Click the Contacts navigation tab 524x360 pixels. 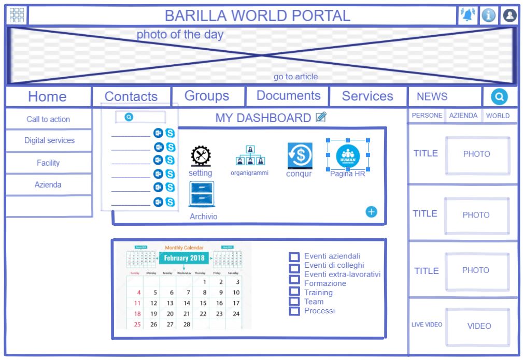pyautogui.click(x=131, y=96)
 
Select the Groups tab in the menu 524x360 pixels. pyautogui.click(x=207, y=96)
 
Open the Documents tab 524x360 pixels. pyautogui.click(x=288, y=96)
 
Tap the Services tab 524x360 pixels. pyautogui.click(x=367, y=96)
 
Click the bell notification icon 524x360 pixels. pyautogui.click(x=468, y=16)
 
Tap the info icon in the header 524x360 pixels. pyautogui.click(x=489, y=16)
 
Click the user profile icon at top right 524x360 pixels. pyautogui.click(x=510, y=16)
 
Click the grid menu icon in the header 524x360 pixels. pyautogui.click(x=17, y=16)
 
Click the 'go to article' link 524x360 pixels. pyautogui.click(x=295, y=77)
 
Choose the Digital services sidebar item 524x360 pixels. pyautogui.click(x=49, y=140)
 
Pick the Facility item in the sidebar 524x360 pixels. pyautogui.click(x=48, y=163)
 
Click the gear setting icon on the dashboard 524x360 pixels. pyautogui.click(x=200, y=156)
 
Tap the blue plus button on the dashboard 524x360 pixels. pyautogui.click(x=372, y=211)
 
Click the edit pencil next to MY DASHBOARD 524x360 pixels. pyautogui.click(x=321, y=118)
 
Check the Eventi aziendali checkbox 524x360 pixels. pyautogui.click(x=294, y=257)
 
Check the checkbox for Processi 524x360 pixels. pyautogui.click(x=294, y=311)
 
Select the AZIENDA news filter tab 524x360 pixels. pyautogui.click(x=463, y=116)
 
